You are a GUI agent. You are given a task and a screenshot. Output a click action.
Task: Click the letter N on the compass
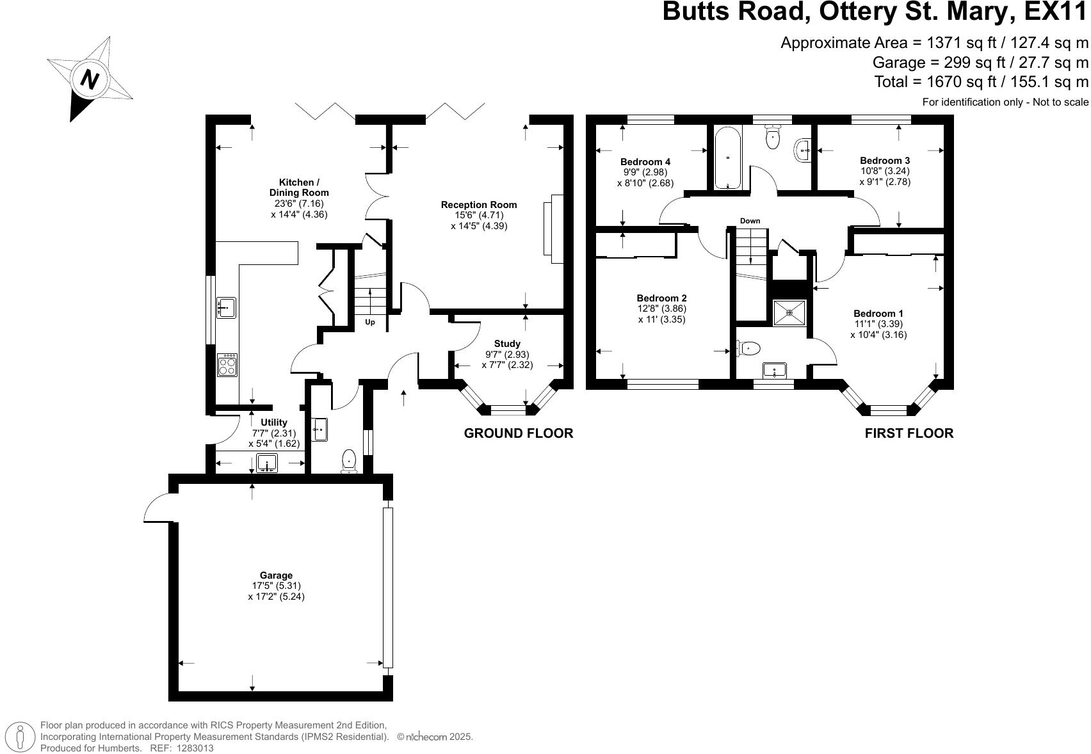[90, 79]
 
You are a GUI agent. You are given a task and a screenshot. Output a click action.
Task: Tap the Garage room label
[276, 575]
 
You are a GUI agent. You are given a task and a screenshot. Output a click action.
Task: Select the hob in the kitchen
[227, 365]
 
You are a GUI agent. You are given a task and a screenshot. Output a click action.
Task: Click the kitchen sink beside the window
[226, 308]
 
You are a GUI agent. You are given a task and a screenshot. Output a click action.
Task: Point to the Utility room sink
[267, 462]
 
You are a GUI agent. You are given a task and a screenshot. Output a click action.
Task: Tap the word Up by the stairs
[370, 322]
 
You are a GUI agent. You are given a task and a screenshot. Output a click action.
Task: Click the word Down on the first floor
[750, 221]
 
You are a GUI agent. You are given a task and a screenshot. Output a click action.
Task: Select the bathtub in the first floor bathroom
[728, 157]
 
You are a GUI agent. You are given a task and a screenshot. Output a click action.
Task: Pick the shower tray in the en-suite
[789, 312]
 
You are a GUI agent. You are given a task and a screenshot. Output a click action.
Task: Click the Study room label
[507, 344]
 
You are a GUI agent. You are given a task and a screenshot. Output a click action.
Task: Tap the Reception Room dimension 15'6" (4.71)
[478, 215]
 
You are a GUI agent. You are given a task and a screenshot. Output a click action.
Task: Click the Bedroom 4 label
[645, 162]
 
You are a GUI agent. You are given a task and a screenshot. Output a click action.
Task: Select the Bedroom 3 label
[885, 161]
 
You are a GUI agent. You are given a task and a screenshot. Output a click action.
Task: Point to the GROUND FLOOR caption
[518, 433]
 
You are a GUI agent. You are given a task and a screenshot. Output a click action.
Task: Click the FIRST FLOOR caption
[909, 433]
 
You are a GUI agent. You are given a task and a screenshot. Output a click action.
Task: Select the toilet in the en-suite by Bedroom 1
[749, 348]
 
